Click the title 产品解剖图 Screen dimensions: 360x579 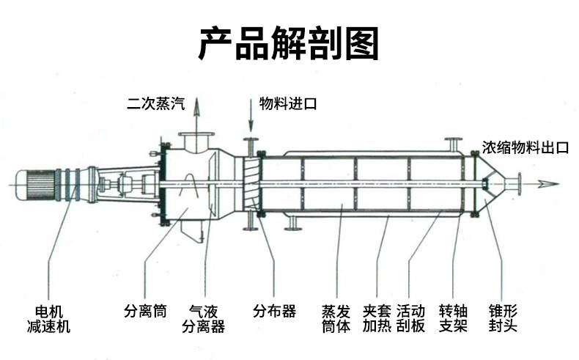click(289, 45)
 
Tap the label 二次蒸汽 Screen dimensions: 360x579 click(153, 104)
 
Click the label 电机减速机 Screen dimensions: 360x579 click(48, 318)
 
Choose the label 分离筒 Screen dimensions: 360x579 click(145, 311)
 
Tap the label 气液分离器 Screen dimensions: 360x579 click(203, 318)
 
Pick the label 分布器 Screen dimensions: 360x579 click(275, 311)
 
